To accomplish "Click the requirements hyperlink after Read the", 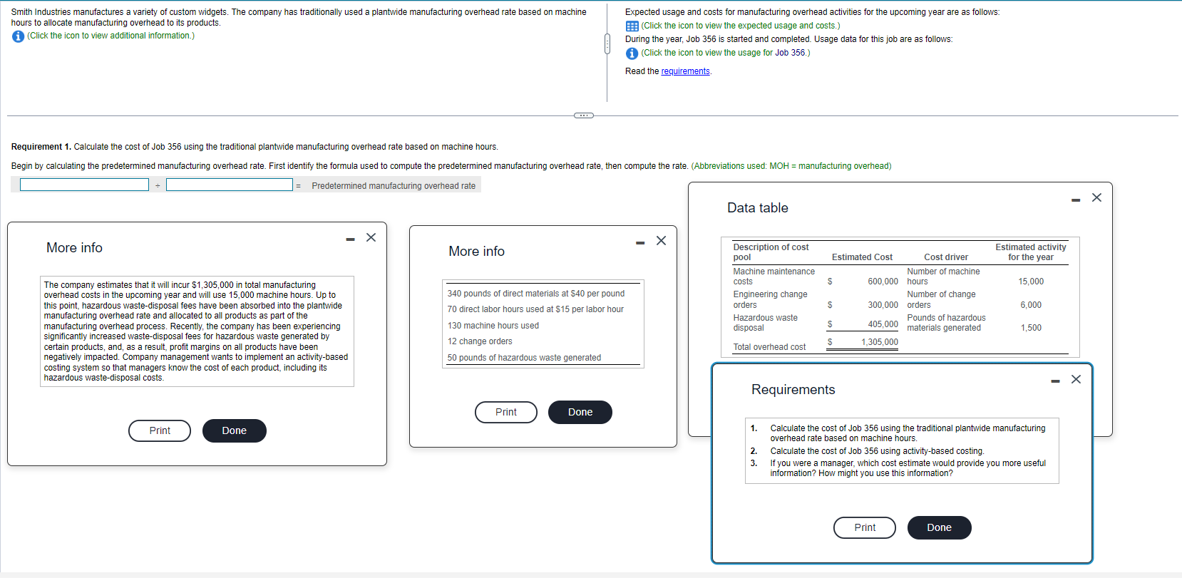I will tap(685, 71).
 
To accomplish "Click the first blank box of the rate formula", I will tap(84, 185).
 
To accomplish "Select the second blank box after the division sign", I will tap(229, 185).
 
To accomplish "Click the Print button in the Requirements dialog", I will tap(864, 527).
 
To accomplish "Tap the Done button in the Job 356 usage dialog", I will tap(580, 412).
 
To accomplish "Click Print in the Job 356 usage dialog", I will tap(505, 412).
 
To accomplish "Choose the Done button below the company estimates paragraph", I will tap(234, 430).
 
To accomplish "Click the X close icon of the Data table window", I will tap(1096, 197).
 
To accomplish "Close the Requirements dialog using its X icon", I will tap(1076, 379).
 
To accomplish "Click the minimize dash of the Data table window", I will tap(1076, 200).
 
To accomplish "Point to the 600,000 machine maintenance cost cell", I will tap(883, 282).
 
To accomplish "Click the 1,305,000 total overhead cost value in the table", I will tap(879, 342).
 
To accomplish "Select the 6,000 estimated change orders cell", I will tap(1030, 305).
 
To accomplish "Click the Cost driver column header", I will tap(945, 257).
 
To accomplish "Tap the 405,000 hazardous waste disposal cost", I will tap(883, 324).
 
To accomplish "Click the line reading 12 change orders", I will tap(480, 341).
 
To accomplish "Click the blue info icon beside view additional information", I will tap(18, 36).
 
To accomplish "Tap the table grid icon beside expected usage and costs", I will tap(632, 26).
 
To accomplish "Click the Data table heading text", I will tap(757, 208).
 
